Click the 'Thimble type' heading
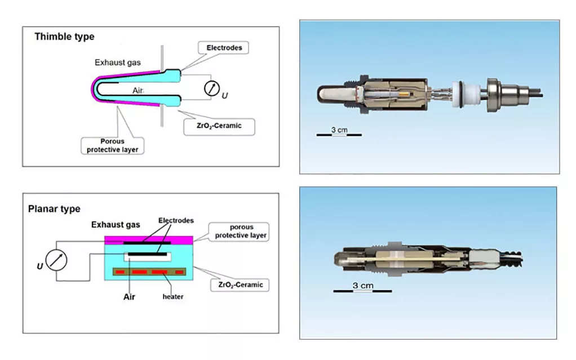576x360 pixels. (x=64, y=37)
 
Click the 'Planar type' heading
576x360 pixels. (x=54, y=209)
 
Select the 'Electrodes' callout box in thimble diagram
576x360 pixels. (x=224, y=48)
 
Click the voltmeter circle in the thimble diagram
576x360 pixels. (x=211, y=89)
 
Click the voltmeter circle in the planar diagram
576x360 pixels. (x=56, y=261)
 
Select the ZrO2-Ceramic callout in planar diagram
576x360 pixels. (x=240, y=285)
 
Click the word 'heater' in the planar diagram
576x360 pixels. (x=172, y=296)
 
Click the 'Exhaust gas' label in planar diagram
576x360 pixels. (x=116, y=225)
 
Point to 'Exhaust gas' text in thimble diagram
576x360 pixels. (x=117, y=63)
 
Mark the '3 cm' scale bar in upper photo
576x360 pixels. (x=339, y=132)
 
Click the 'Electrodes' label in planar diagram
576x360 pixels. (x=176, y=220)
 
